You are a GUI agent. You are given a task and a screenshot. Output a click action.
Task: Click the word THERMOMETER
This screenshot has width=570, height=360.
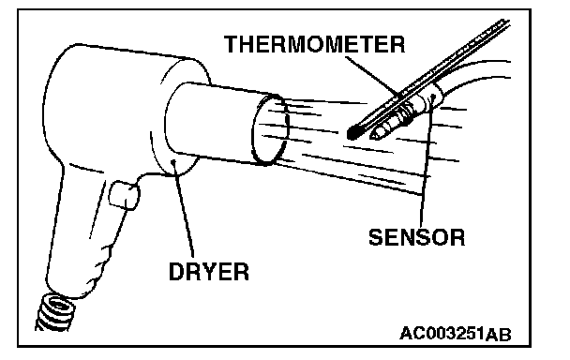(314, 44)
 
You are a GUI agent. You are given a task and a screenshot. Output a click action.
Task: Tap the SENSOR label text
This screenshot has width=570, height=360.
(416, 237)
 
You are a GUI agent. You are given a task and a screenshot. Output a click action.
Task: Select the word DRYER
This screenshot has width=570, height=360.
(209, 271)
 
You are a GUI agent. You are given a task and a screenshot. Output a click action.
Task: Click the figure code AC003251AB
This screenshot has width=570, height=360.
(455, 334)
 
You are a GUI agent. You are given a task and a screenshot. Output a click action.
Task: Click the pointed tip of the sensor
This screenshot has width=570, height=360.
(372, 136)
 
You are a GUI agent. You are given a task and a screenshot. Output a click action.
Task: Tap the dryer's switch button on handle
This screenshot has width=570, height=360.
(124, 195)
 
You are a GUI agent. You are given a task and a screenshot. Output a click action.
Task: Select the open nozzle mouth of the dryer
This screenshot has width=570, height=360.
(270, 129)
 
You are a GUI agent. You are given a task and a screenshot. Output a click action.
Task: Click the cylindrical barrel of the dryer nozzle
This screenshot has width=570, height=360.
(218, 123)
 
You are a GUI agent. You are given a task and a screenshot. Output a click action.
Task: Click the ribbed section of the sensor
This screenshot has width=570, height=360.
(403, 112)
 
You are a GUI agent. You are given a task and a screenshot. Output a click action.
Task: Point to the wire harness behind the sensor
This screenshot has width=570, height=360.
(476, 75)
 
